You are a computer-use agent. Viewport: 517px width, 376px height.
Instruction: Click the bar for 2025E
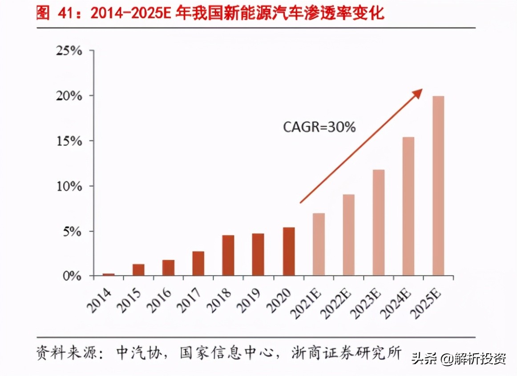click(438, 186)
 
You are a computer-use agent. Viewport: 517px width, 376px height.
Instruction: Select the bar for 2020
click(288, 252)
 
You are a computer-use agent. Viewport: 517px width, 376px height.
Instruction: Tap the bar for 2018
click(228, 256)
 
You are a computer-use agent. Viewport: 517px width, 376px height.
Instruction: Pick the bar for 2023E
click(378, 223)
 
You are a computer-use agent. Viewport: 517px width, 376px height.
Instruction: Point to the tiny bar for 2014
click(109, 275)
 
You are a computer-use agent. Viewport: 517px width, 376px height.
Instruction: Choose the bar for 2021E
click(319, 244)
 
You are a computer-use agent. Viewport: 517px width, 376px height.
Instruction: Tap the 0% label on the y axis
click(73, 276)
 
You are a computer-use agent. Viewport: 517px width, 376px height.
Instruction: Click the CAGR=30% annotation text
click(319, 127)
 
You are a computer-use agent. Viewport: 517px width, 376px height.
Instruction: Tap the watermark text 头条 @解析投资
click(458, 358)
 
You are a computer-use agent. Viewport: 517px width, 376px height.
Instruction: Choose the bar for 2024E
click(408, 206)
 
